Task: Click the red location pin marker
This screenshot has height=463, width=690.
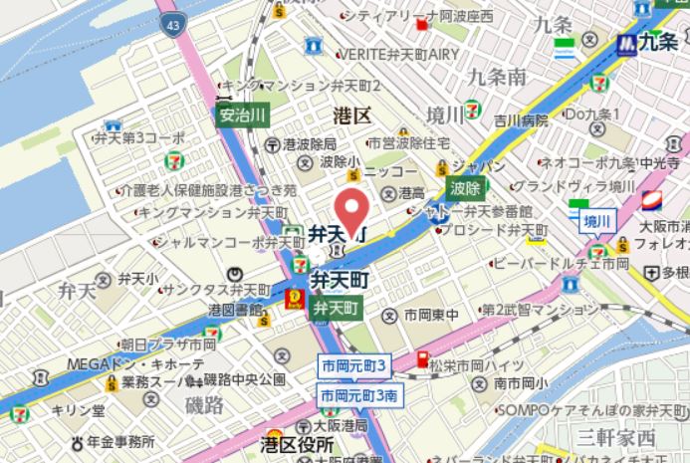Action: click(x=349, y=207)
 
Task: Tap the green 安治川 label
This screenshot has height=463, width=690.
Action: click(x=242, y=116)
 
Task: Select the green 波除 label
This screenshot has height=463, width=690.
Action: click(x=464, y=186)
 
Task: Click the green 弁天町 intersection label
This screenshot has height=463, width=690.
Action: click(x=335, y=308)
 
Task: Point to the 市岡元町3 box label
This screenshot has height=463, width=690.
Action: click(x=353, y=365)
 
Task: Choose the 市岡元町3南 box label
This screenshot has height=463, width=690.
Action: click(x=360, y=395)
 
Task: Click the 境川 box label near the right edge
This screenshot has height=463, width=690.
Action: click(x=598, y=220)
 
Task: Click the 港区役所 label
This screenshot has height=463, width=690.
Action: click(x=295, y=443)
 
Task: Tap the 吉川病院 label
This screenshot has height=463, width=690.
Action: click(x=521, y=120)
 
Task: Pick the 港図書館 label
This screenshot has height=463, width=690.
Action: click(x=234, y=310)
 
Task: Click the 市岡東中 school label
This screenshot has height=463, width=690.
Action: click(x=430, y=316)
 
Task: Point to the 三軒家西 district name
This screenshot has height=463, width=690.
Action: click(x=618, y=436)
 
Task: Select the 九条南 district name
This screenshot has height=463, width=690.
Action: click(x=496, y=77)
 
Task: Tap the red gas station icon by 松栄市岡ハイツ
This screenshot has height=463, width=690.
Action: click(x=421, y=359)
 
